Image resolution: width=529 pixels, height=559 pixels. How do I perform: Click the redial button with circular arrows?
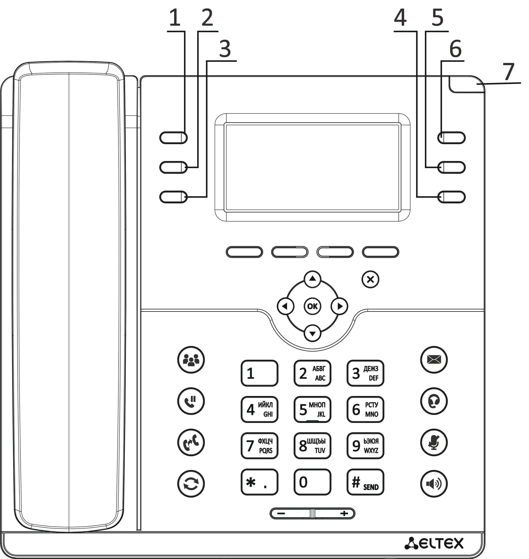[191, 484]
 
